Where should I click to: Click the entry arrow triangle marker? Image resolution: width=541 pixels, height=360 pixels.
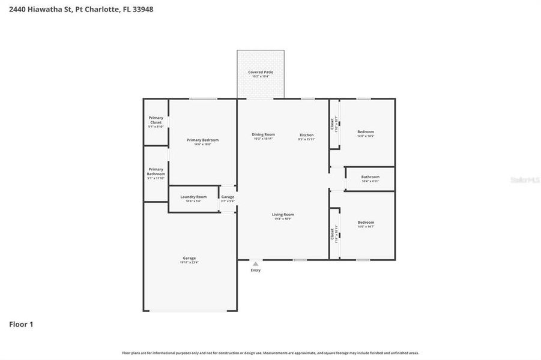point(256,263)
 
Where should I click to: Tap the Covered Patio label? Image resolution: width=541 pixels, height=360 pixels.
point(261,72)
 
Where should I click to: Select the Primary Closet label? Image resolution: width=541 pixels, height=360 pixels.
point(156,120)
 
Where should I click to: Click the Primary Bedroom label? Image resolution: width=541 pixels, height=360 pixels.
point(202,140)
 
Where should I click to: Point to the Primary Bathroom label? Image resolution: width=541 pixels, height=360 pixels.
point(156,172)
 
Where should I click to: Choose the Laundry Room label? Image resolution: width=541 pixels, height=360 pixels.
point(193,197)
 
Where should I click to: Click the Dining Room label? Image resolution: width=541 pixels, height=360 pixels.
point(263,134)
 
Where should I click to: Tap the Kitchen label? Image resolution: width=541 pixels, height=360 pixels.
point(306,135)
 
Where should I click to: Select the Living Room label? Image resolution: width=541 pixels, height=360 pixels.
point(283,214)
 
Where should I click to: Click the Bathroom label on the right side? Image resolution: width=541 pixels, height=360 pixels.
point(370,177)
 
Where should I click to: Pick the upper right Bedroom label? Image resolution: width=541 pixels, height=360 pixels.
point(366,132)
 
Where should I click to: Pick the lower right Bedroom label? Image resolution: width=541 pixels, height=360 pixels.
point(366,222)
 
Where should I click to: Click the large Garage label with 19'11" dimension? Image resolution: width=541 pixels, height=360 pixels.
point(189,258)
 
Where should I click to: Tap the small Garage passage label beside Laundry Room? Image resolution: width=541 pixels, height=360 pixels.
point(228,197)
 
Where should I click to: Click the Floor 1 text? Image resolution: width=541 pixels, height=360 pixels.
point(21,325)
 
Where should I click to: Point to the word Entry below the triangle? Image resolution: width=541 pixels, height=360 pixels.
point(256,271)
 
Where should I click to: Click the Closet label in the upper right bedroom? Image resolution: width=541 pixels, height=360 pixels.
point(333,124)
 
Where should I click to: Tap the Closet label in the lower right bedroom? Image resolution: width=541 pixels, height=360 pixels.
point(333,233)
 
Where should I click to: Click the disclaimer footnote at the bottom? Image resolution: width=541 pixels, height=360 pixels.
point(270,353)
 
